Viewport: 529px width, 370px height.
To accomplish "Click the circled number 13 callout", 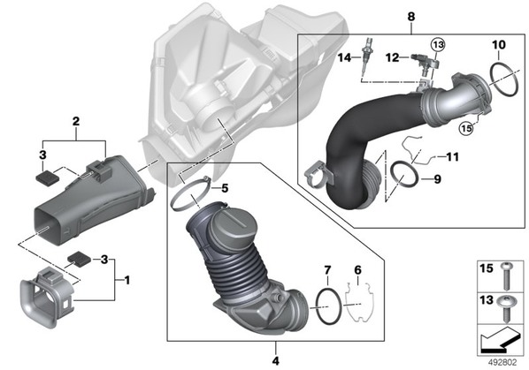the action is coord(438,44).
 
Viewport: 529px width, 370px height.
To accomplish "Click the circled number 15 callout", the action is coord(466,128).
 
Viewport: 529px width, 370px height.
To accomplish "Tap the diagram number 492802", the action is coord(502,362).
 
